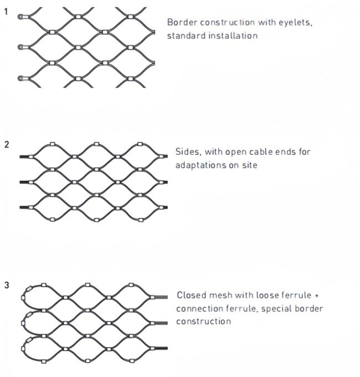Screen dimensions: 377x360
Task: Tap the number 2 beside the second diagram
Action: pyautogui.click(x=6, y=145)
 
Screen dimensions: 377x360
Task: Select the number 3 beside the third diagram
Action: pyautogui.click(x=6, y=286)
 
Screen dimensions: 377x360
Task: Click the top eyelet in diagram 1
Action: pyautogui.click(x=21, y=17)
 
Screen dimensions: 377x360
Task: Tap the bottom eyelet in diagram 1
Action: pyautogui.click(x=21, y=78)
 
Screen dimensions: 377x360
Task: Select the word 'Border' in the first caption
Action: pyautogui.click(x=181, y=22)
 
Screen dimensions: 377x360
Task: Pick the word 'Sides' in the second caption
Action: pyautogui.click(x=187, y=152)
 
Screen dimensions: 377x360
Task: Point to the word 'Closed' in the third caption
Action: pyautogui.click(x=190, y=295)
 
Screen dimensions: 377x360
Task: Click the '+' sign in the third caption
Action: pyautogui.click(x=317, y=295)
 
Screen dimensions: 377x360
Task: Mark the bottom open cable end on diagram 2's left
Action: pyautogui.click(x=24, y=207)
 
